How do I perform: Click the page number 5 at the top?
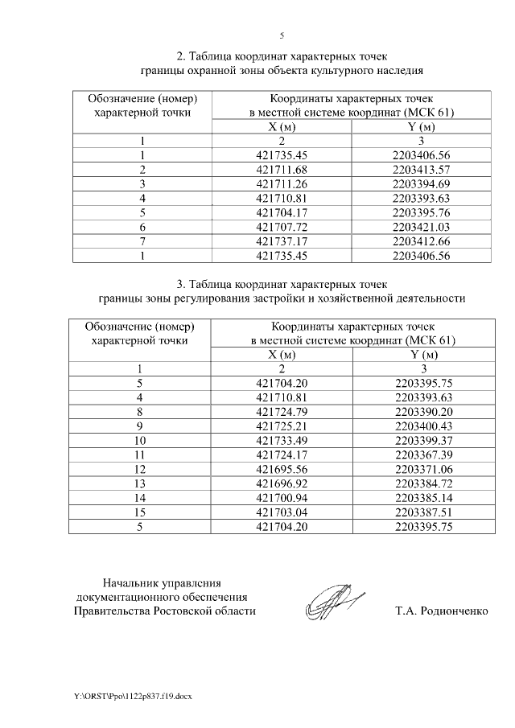[282, 35]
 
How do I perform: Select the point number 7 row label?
[142, 241]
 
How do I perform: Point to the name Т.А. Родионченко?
[442, 611]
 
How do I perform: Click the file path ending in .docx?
[128, 693]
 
